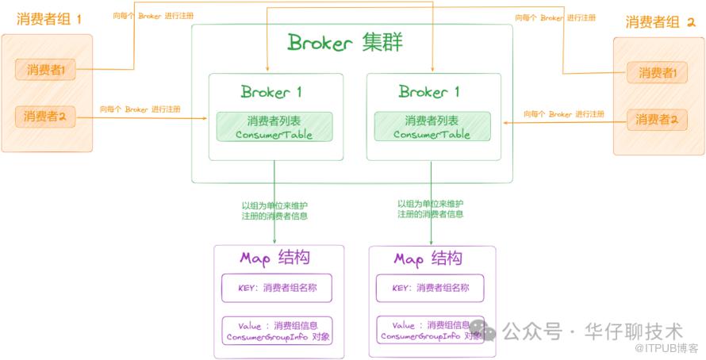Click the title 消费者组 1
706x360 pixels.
click(x=49, y=19)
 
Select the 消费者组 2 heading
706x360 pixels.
click(x=659, y=21)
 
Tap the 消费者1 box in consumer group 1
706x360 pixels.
click(x=44, y=71)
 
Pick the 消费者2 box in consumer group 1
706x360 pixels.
click(x=44, y=117)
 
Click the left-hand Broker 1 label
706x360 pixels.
click(x=271, y=91)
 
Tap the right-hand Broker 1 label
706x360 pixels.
click(x=429, y=91)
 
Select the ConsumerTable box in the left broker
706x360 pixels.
click(x=274, y=127)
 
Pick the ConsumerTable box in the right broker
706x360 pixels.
click(x=432, y=127)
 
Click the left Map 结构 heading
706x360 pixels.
click(x=274, y=259)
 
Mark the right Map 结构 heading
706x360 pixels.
click(x=429, y=259)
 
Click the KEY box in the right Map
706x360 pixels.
click(x=431, y=288)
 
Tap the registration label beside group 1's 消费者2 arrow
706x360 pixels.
click(x=140, y=109)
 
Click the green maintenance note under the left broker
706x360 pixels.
click(x=274, y=210)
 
